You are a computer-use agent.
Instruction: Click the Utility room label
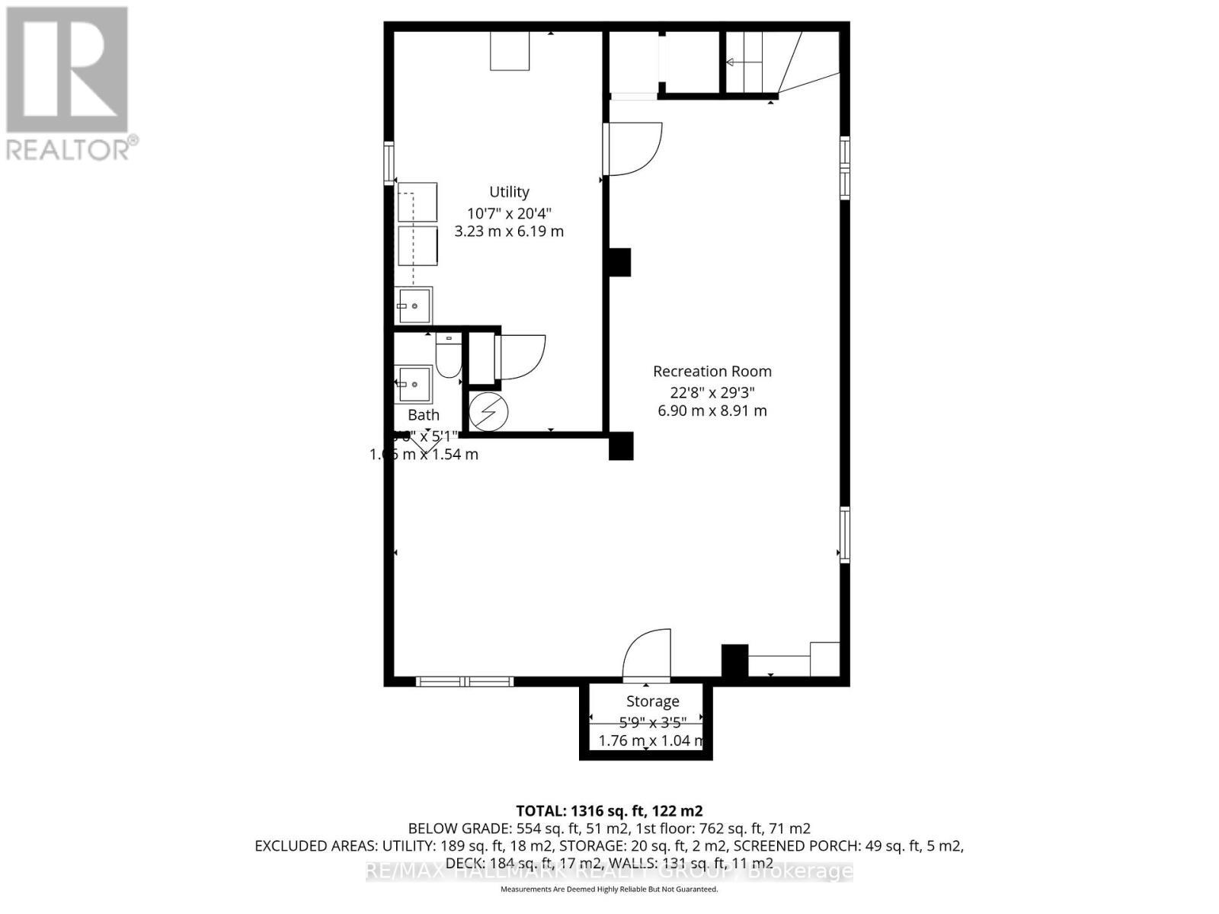(x=509, y=192)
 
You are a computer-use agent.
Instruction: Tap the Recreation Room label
(x=712, y=371)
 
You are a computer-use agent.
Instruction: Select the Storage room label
(x=652, y=701)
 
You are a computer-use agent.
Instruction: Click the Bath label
(x=424, y=415)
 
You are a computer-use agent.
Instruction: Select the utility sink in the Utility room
(x=414, y=305)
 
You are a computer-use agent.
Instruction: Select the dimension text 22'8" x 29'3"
(x=712, y=392)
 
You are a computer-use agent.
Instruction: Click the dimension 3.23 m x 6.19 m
(x=509, y=232)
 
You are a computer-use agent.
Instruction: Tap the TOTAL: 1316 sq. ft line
(x=609, y=810)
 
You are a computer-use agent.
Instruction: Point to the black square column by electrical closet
(x=621, y=446)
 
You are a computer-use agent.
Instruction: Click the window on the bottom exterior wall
(x=465, y=682)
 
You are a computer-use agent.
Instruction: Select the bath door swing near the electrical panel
(x=522, y=356)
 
